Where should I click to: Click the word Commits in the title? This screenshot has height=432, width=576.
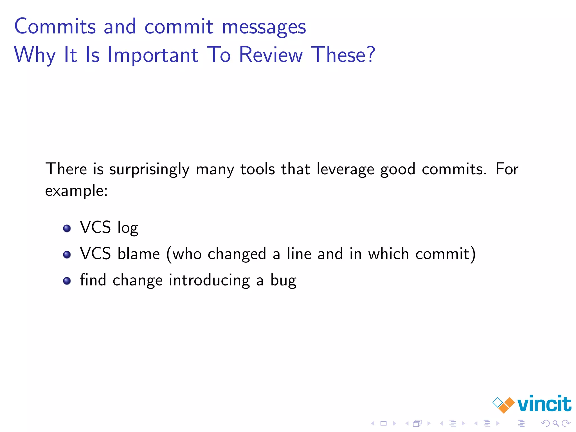pyautogui.click(x=55, y=26)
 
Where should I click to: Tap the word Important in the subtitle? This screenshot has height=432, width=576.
pyautogui.click(x=153, y=55)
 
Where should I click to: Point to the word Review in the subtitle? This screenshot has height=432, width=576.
pyautogui.click(x=271, y=55)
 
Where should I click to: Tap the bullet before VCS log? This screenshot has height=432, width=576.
pyautogui.click(x=67, y=228)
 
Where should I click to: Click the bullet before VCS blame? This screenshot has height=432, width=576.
pyautogui.click(x=67, y=255)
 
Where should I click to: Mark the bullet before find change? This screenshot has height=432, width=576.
pyautogui.click(x=67, y=281)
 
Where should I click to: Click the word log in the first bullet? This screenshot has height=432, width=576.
pyautogui.click(x=128, y=228)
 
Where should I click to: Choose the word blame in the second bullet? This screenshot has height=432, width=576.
pyautogui.click(x=139, y=254)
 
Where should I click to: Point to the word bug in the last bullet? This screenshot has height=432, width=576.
pyautogui.click(x=283, y=281)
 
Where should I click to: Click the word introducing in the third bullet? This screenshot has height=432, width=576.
pyautogui.click(x=209, y=281)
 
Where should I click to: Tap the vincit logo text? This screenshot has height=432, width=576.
pyautogui.click(x=544, y=404)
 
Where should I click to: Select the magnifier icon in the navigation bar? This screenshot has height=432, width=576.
pyautogui.click(x=555, y=423)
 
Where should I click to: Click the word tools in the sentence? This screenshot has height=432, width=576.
pyautogui.click(x=258, y=169)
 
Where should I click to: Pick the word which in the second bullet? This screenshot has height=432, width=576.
pyautogui.click(x=388, y=254)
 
